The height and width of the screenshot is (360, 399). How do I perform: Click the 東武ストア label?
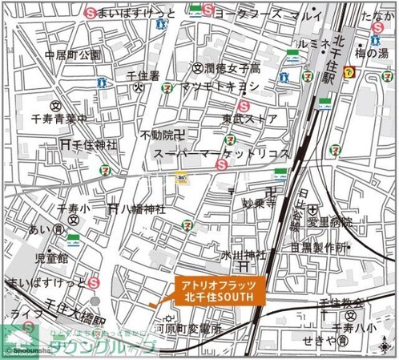click(250, 119)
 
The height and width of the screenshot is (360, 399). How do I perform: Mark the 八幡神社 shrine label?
click(143, 208)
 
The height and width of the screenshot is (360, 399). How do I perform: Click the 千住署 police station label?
click(143, 75)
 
